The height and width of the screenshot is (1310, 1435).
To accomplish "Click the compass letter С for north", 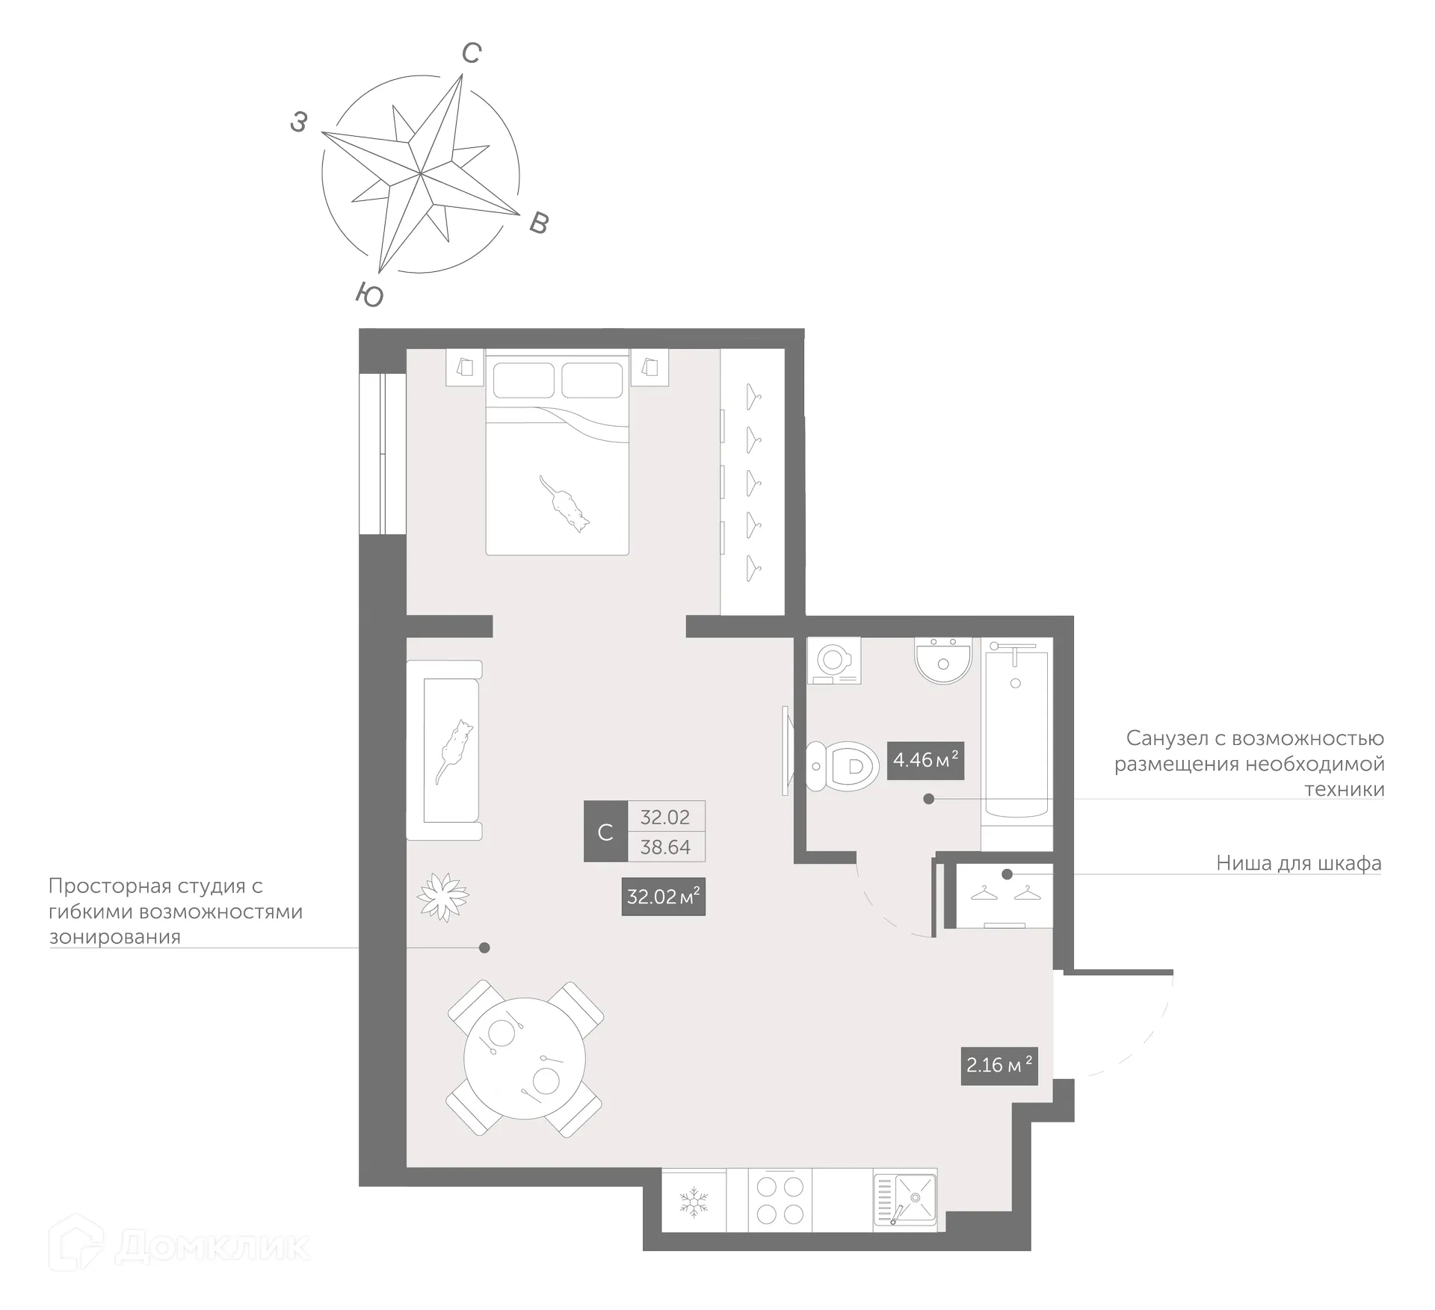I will point(472,53).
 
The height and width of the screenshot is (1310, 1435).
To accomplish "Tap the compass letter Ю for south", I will point(369,295).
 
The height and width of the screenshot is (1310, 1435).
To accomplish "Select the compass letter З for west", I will point(299,122).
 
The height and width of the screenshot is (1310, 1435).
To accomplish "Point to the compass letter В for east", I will point(539,223).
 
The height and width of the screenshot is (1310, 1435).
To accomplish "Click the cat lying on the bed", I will point(565,503).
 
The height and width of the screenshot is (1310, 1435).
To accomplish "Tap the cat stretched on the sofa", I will point(454,750).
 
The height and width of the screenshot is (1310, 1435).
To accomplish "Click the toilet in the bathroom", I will point(843,766).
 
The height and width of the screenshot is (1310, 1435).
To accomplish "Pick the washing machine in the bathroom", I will point(833,661).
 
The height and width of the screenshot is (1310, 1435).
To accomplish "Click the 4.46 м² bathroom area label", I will point(925,760).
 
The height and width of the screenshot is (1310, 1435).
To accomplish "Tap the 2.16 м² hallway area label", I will point(999,1065).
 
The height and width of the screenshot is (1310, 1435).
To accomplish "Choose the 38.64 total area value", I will point(665,847).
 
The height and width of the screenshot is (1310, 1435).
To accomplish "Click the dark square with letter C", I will point(605,832).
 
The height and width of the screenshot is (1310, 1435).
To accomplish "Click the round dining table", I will point(525,1058).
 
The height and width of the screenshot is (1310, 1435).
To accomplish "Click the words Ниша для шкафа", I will point(1298,863).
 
